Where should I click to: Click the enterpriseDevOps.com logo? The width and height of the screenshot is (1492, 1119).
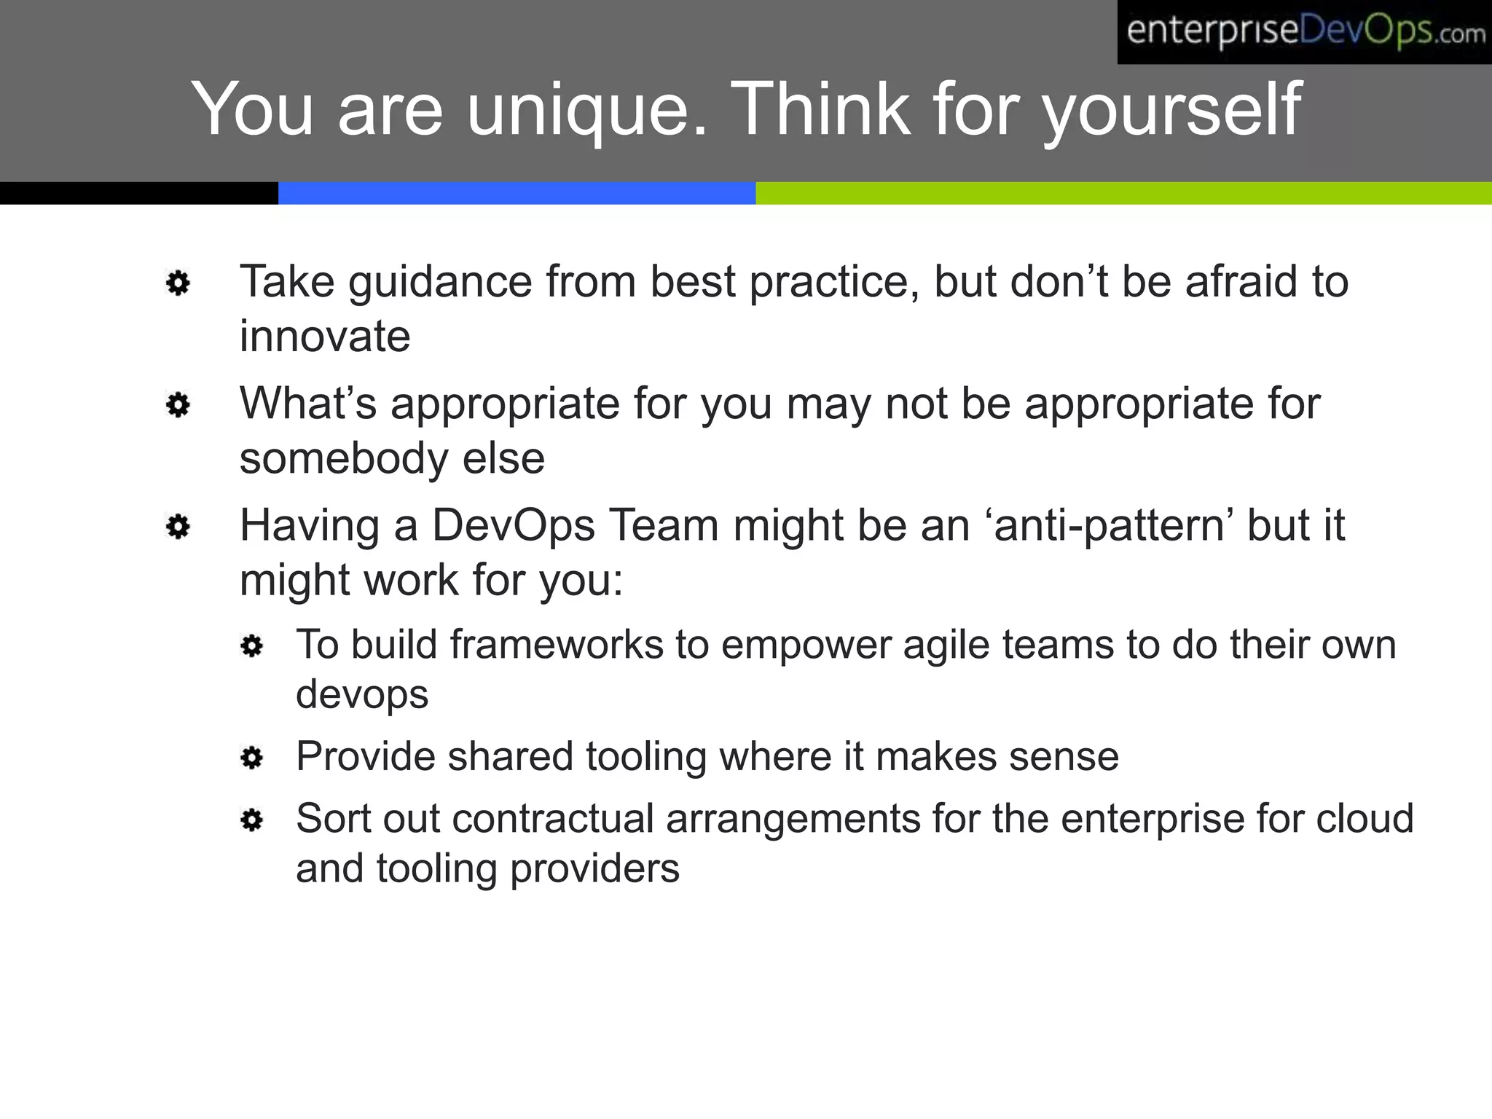pyautogui.click(x=1304, y=32)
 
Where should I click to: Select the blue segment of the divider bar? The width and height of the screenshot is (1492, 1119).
pyautogui.click(x=517, y=193)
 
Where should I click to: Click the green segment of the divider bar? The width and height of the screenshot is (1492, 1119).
pyautogui.click(x=1123, y=193)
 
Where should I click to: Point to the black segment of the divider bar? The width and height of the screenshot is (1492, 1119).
pyautogui.click(x=138, y=193)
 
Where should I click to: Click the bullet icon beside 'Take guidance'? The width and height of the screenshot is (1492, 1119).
pyautogui.click(x=178, y=283)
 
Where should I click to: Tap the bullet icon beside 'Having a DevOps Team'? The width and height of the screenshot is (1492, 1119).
pyautogui.click(x=178, y=527)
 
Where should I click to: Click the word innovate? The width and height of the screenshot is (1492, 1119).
pyautogui.click(x=325, y=337)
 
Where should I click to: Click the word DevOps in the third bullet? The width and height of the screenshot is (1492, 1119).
pyautogui.click(x=513, y=525)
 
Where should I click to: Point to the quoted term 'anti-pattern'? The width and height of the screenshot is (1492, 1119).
pyautogui.click(x=1109, y=525)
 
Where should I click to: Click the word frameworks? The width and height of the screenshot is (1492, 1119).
pyautogui.click(x=556, y=645)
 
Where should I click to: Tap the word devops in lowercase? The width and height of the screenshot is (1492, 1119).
pyautogui.click(x=362, y=695)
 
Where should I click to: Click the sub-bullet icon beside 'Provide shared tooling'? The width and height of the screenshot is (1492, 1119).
pyautogui.click(x=251, y=758)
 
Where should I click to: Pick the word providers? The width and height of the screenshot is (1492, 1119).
pyautogui.click(x=594, y=868)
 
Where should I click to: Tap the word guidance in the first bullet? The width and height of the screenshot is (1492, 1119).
pyautogui.click(x=440, y=283)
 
